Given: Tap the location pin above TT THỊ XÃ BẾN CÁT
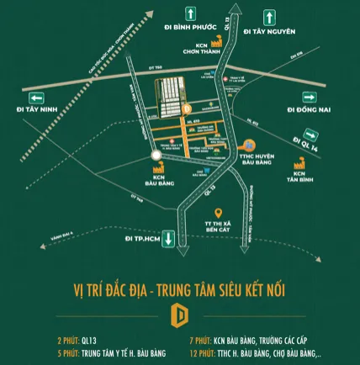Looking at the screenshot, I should pos(218,212).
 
